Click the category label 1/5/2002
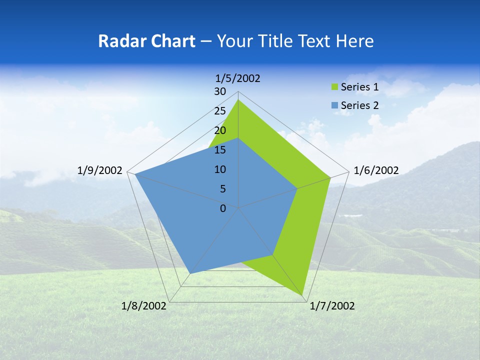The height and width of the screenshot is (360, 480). (238, 78)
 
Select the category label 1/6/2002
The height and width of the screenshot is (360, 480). (376, 170)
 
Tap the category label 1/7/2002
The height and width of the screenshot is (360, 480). (332, 306)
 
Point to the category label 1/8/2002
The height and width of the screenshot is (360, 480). (144, 306)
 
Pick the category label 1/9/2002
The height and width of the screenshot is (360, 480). (100, 170)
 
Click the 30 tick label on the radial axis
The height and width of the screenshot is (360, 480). (219, 91)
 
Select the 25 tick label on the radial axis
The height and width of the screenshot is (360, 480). (219, 111)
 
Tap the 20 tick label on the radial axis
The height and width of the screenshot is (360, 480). (219, 130)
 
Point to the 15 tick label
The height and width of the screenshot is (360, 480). (219, 150)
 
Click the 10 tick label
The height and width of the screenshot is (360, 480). (219, 169)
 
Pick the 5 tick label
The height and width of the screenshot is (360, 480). (222, 189)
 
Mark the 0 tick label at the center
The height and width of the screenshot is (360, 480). (223, 208)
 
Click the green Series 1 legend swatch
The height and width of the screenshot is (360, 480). (335, 87)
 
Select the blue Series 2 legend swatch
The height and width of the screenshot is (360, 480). (335, 105)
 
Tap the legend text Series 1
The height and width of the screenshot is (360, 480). (359, 87)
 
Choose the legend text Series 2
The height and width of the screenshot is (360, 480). (359, 105)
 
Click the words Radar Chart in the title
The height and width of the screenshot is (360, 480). (146, 41)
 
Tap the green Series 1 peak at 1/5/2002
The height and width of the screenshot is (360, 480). (238, 100)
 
